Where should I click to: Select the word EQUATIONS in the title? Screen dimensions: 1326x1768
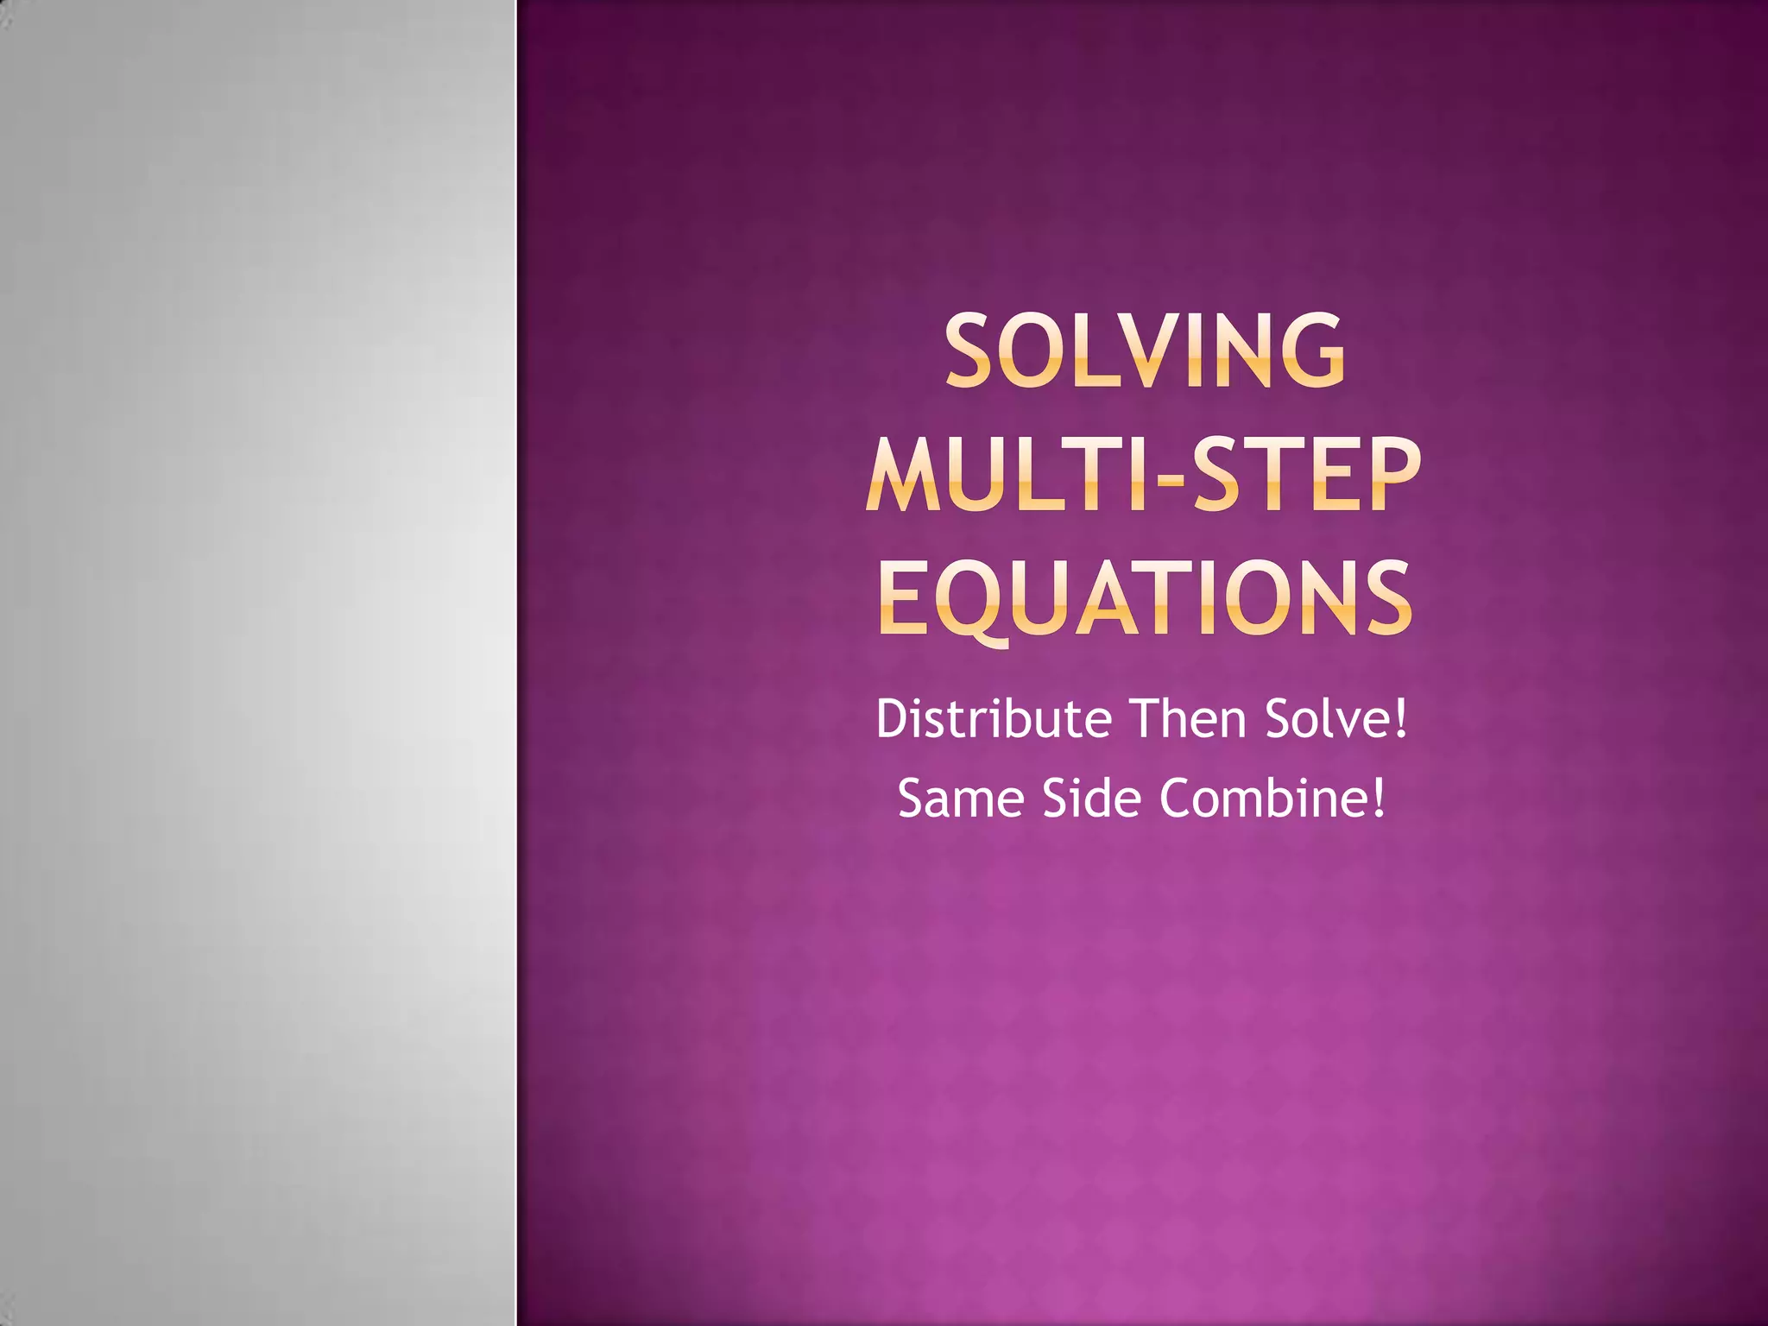pos(1145,597)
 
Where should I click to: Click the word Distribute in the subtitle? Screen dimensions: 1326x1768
pos(994,718)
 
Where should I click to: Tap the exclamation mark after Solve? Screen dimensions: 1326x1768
pos(1400,718)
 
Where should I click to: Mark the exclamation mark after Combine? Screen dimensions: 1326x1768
pos(1379,798)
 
